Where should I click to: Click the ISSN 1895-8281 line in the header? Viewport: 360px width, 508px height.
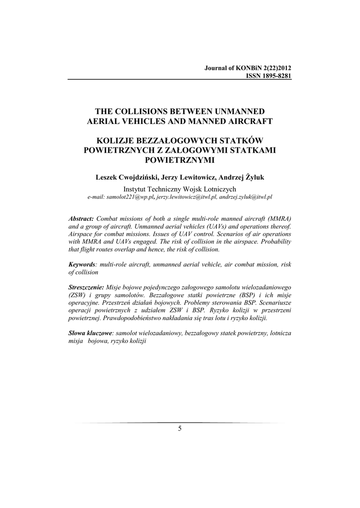(x=266, y=76)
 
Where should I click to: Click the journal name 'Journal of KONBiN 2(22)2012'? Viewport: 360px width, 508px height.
(x=248, y=68)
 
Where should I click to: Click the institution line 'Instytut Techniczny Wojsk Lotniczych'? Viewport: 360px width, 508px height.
(x=180, y=189)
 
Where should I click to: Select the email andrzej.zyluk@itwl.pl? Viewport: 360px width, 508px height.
(x=246, y=197)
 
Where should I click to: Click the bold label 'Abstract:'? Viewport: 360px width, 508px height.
(x=81, y=218)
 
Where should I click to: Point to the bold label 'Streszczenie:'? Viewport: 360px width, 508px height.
(x=86, y=288)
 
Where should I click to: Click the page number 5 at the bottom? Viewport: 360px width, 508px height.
(x=180, y=429)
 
